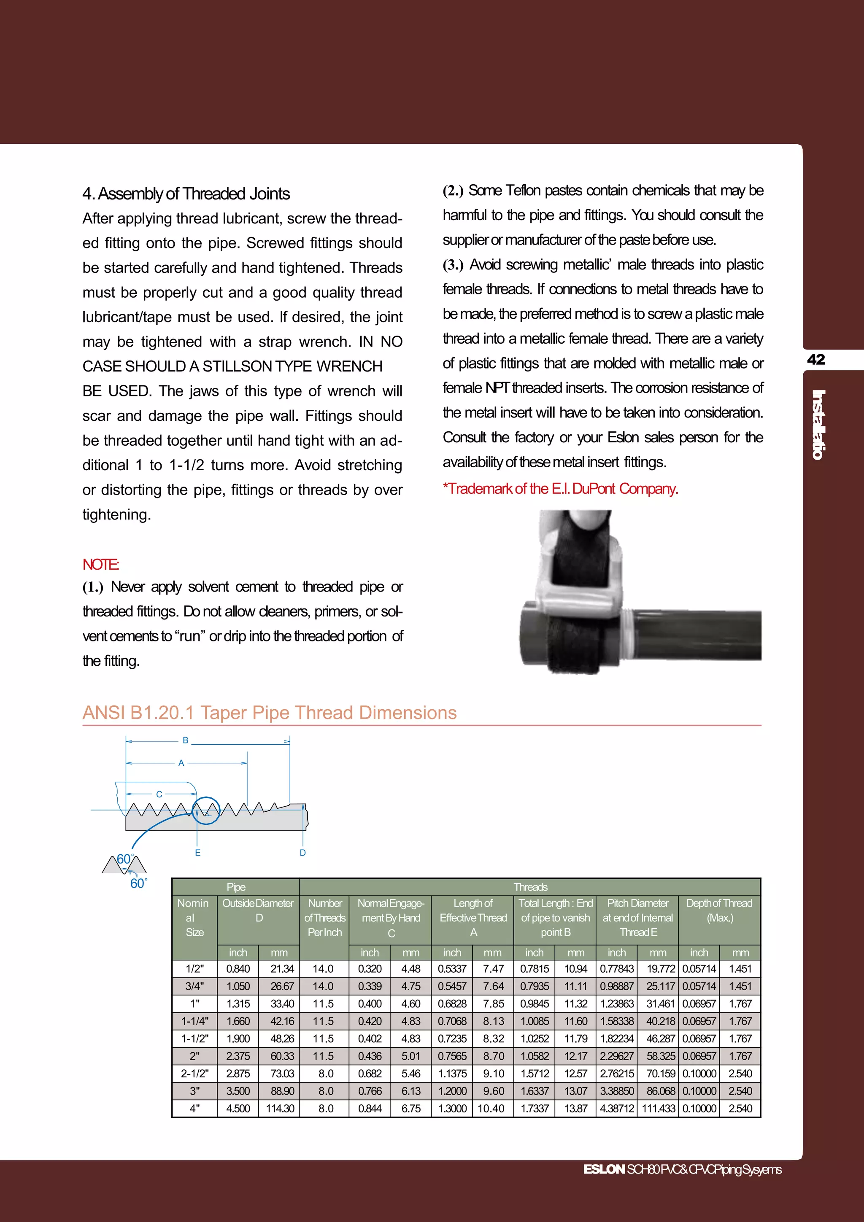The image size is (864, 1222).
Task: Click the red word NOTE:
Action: click(100, 564)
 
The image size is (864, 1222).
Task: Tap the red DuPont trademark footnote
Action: click(560, 489)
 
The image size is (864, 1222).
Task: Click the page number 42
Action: click(816, 360)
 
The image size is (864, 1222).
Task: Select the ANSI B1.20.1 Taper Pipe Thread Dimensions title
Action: click(270, 712)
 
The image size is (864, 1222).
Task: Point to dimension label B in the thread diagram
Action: click(185, 740)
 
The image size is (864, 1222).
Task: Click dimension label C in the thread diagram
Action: click(159, 794)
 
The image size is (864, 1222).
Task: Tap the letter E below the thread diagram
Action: click(197, 853)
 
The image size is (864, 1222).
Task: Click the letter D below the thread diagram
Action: click(302, 853)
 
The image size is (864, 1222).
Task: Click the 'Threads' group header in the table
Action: click(530, 887)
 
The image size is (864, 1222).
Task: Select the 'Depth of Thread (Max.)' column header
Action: click(719, 911)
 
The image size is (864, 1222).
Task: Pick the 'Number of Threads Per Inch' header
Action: click(325, 918)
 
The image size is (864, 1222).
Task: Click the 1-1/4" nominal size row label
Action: click(195, 1021)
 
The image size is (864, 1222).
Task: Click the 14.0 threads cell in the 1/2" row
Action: click(323, 969)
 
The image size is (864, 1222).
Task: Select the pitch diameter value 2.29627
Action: click(616, 1056)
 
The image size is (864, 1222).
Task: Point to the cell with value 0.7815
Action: click(535, 969)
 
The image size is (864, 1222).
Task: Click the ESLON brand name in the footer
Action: click(604, 1169)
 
